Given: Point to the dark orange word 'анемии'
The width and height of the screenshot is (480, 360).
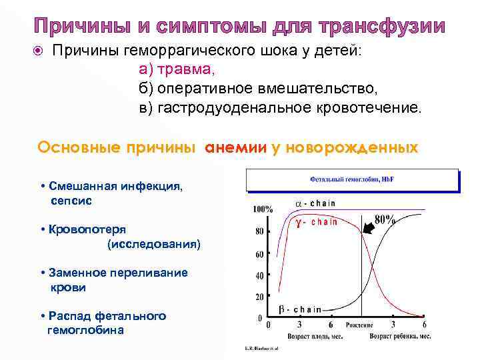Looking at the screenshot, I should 236,147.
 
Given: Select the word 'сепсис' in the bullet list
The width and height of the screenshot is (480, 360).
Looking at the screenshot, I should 71,199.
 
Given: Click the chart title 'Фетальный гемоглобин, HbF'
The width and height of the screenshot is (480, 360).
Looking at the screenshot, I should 351,180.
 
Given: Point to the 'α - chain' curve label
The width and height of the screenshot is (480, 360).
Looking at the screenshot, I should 315,203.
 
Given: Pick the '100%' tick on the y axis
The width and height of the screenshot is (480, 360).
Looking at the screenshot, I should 262,209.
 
